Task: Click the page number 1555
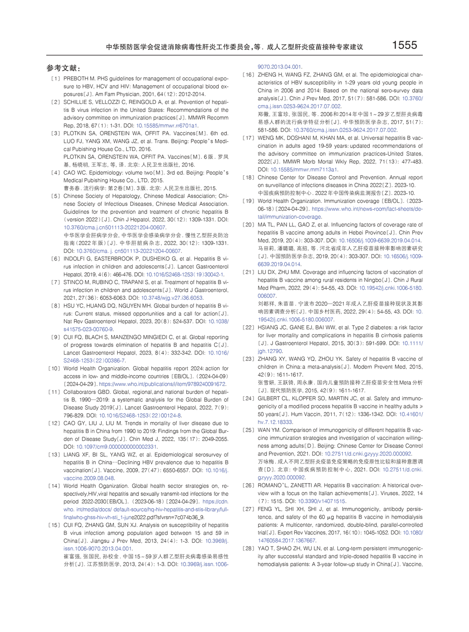[404, 45]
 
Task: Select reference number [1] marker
[56, 79]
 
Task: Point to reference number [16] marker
[248, 75]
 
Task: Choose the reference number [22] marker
[248, 327]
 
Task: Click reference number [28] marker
[248, 548]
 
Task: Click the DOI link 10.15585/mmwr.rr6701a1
[167, 126]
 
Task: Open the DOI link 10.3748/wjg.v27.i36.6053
[172, 298]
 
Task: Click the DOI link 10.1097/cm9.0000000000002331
[116, 447]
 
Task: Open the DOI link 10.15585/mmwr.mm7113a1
[304, 170]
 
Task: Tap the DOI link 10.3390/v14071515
[321, 501]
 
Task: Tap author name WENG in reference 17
[266, 138]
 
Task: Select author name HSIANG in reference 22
[269, 327]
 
